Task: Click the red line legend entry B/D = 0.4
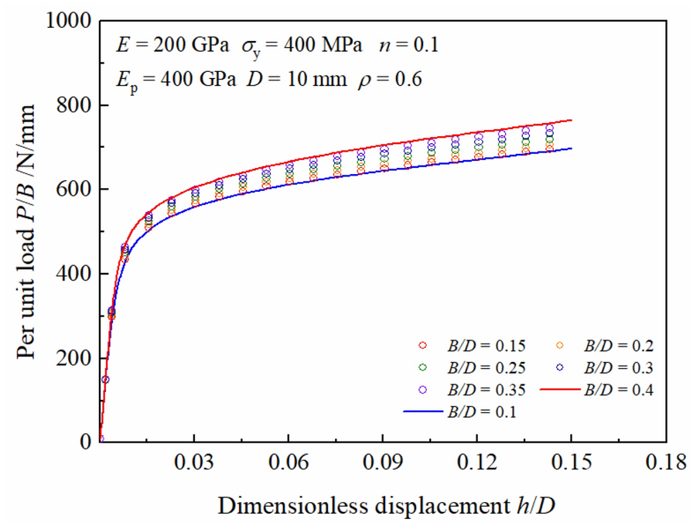coord(619,390)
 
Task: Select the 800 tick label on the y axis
coord(75,106)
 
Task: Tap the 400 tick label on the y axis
coord(75,275)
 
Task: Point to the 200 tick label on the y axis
coord(75,358)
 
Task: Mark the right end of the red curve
coord(572,120)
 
